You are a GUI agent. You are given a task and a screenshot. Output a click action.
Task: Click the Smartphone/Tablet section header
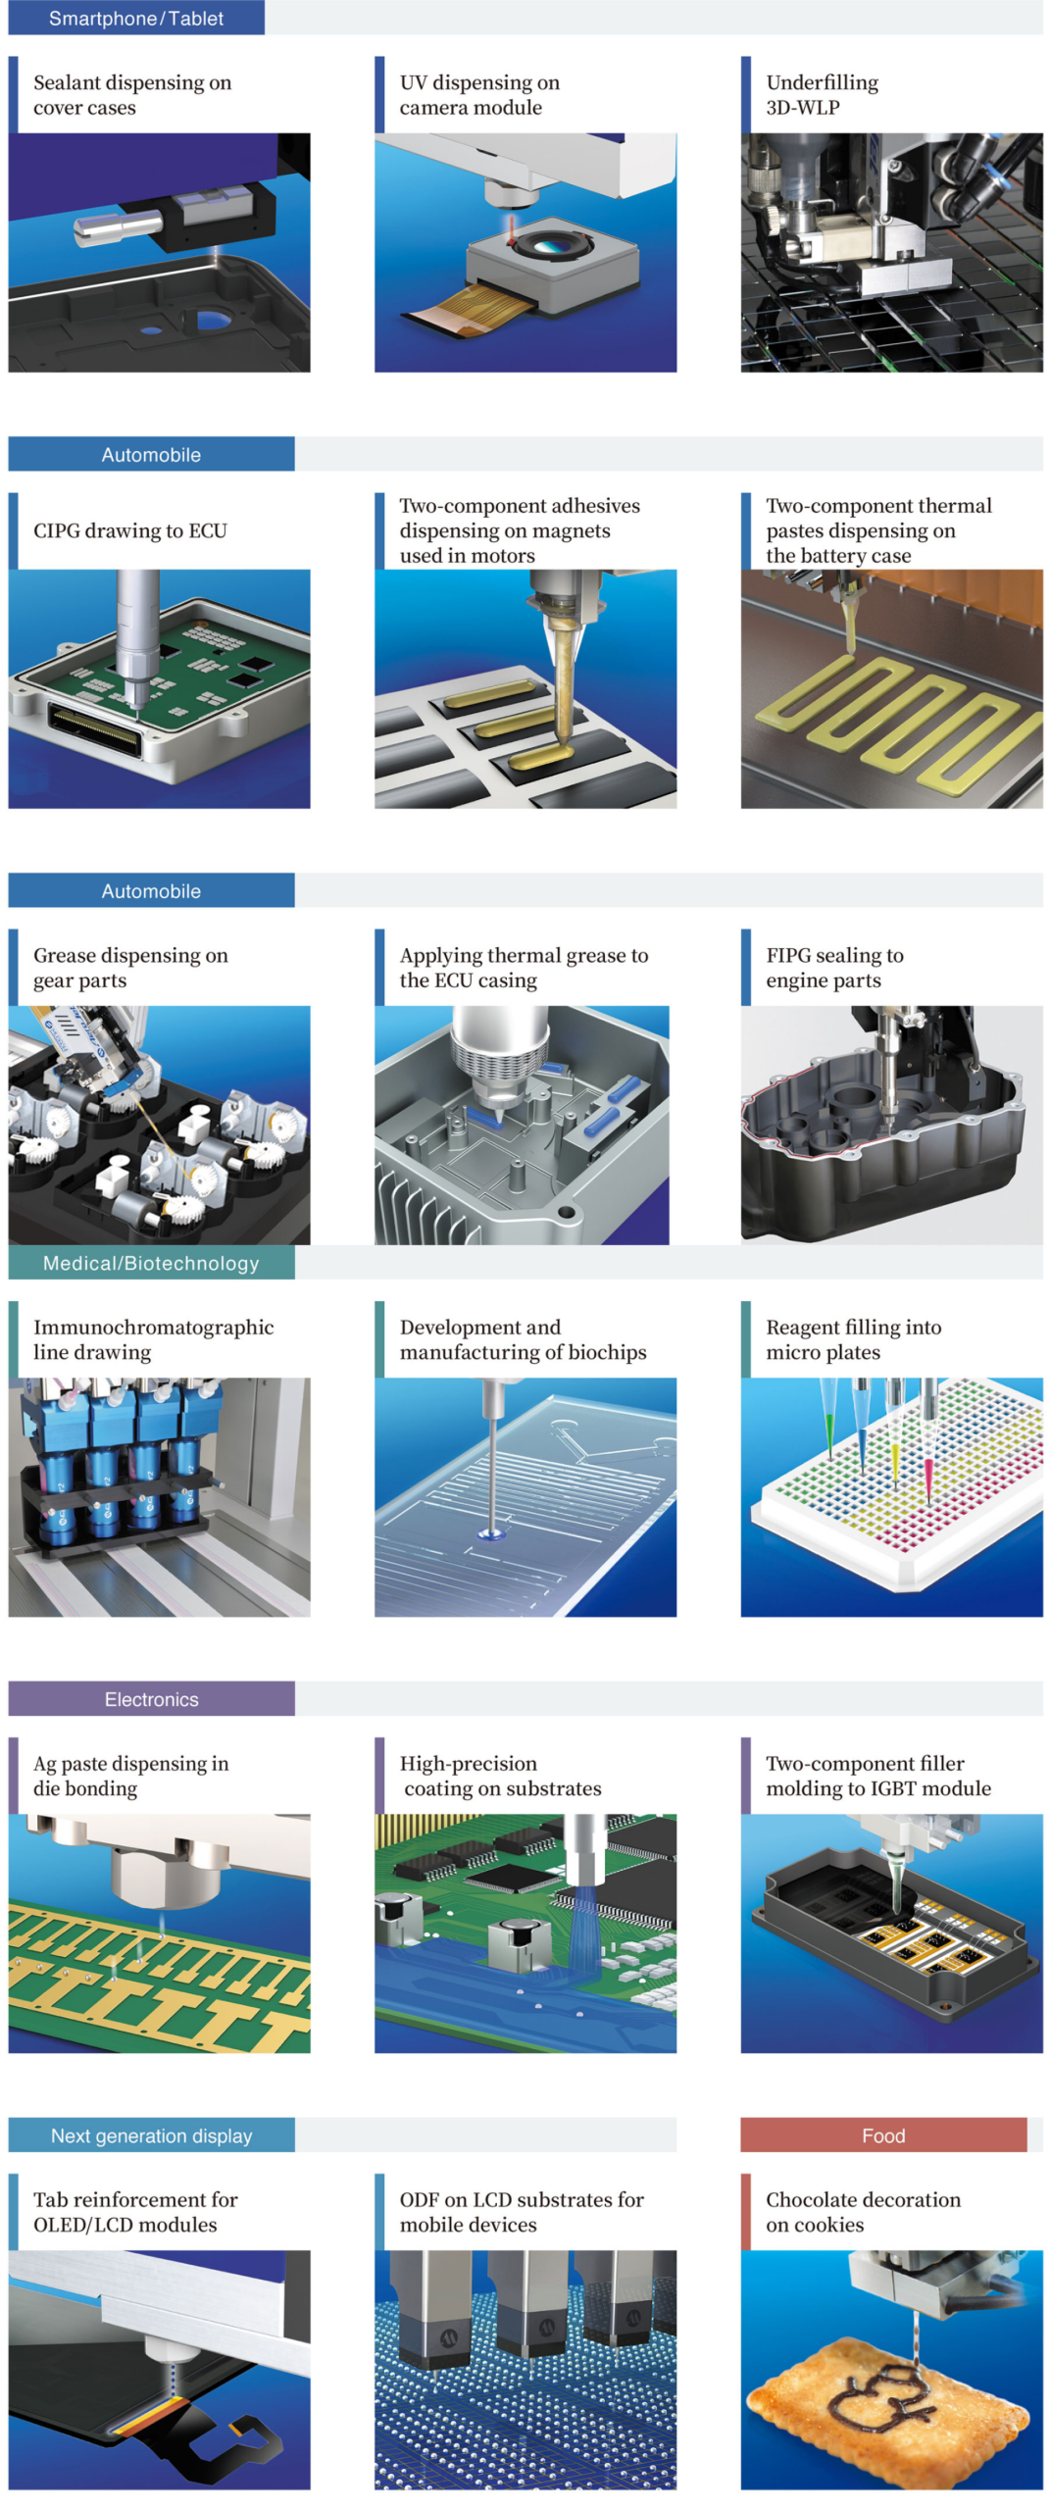point(136,18)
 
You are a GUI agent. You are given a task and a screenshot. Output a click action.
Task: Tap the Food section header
point(882,2134)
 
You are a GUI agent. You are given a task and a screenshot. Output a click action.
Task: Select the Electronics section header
point(151,1698)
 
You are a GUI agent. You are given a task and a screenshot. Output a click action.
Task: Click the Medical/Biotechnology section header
point(151,1262)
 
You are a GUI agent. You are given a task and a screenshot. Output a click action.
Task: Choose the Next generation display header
point(151,2134)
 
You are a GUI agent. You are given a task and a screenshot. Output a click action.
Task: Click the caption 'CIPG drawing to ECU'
point(129,530)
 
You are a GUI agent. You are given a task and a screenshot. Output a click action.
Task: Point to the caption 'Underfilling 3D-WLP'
point(822,95)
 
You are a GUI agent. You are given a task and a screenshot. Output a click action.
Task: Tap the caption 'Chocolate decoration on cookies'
point(863,2211)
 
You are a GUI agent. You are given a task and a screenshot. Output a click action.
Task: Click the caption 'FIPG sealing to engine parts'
point(834,968)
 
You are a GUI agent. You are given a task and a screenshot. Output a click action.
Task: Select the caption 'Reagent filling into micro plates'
point(853,1339)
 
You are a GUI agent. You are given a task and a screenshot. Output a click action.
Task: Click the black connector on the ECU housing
point(95,730)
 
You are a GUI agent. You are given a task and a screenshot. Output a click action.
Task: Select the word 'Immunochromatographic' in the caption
point(153,1328)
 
